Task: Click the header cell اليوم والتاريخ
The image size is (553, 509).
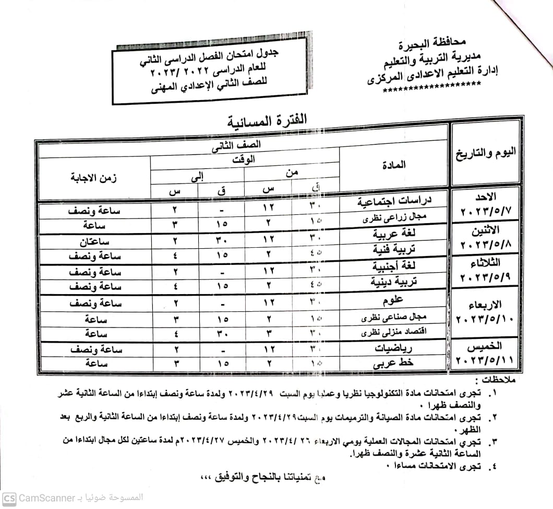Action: [485, 153]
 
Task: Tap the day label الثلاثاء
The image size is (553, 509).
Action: [486, 262]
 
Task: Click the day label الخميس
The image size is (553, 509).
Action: [486, 346]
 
